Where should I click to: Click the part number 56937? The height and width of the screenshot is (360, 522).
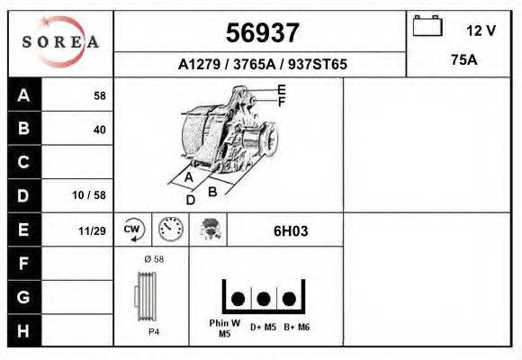[x=262, y=33]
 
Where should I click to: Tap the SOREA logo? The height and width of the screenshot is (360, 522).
[x=61, y=42]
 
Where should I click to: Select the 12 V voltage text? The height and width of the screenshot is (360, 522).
[x=481, y=30]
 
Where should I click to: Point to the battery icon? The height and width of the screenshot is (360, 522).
[x=427, y=28]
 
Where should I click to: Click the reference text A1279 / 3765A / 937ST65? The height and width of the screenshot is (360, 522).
[x=262, y=65]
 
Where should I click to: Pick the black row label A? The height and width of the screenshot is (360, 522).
[x=24, y=95]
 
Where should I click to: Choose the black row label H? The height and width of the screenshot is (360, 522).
[x=24, y=330]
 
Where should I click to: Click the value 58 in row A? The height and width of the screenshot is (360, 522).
[x=99, y=95]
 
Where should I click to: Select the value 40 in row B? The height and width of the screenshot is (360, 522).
[x=99, y=130]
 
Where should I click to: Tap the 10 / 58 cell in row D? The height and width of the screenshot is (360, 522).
[x=90, y=195]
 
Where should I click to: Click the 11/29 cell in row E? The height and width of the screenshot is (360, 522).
[x=92, y=230]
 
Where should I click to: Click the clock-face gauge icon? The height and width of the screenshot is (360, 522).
[x=169, y=229]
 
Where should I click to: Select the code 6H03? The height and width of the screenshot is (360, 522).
[x=291, y=230]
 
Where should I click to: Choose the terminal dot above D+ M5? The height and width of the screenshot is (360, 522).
[x=264, y=299]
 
